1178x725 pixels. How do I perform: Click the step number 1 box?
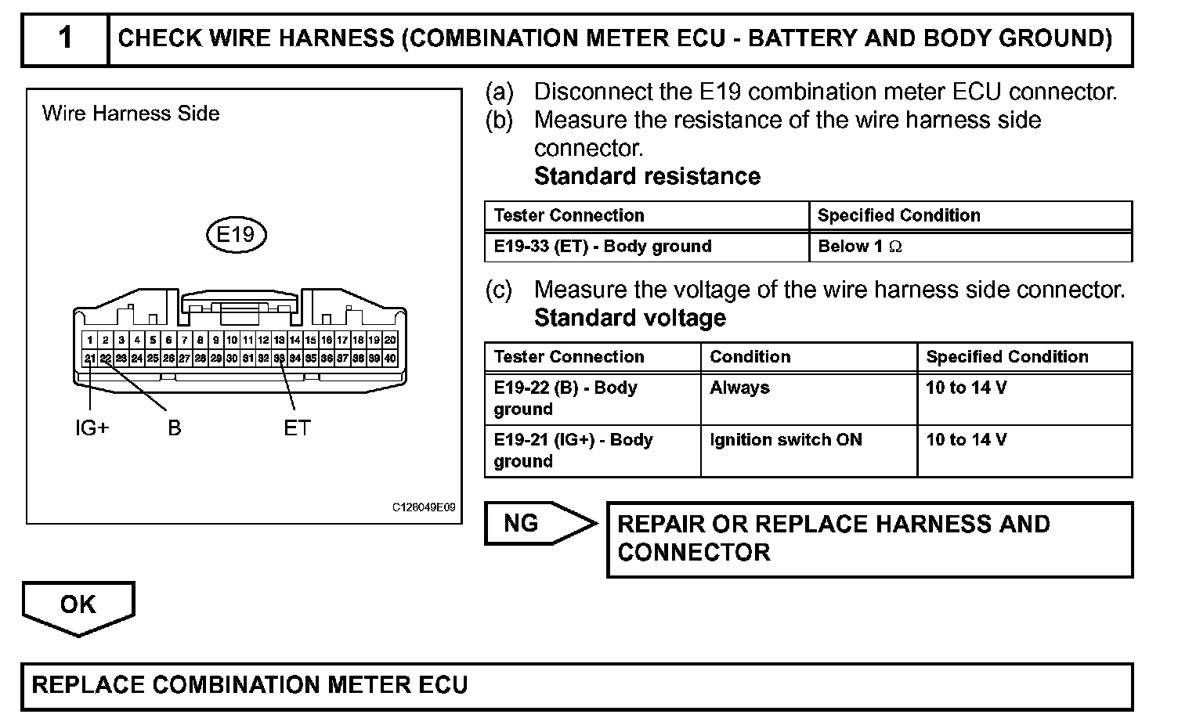point(66,38)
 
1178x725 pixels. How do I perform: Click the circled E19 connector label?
point(236,234)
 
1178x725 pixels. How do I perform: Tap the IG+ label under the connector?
point(92,428)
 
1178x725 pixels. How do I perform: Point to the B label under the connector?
point(174,428)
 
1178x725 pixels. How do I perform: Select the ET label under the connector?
point(297,428)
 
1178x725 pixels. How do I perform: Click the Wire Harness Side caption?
point(131,114)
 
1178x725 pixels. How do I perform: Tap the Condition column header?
point(750,357)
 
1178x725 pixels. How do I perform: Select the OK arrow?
point(78,606)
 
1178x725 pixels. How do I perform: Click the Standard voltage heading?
point(630,318)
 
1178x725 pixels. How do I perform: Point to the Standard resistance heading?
point(647,176)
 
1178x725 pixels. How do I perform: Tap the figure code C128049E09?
point(424,507)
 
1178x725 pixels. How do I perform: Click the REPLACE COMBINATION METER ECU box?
point(576,686)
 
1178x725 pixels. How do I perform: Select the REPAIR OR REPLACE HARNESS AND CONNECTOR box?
point(869,539)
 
